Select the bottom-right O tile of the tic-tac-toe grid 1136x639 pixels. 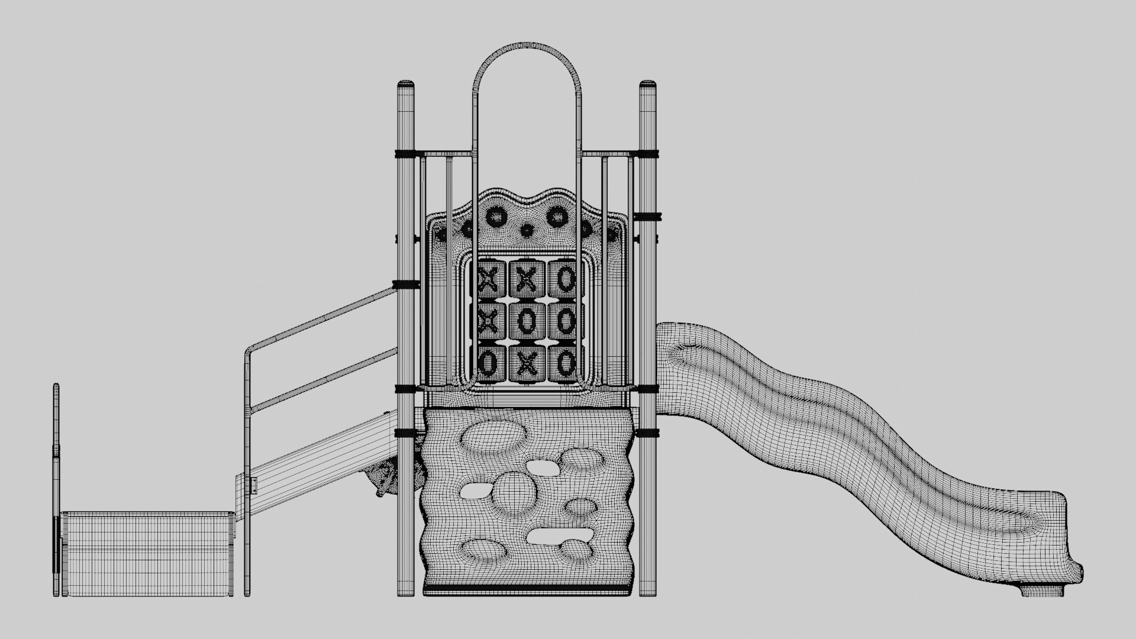tap(566, 363)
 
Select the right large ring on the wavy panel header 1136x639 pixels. tap(557, 218)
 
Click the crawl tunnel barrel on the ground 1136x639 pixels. tap(148, 553)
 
